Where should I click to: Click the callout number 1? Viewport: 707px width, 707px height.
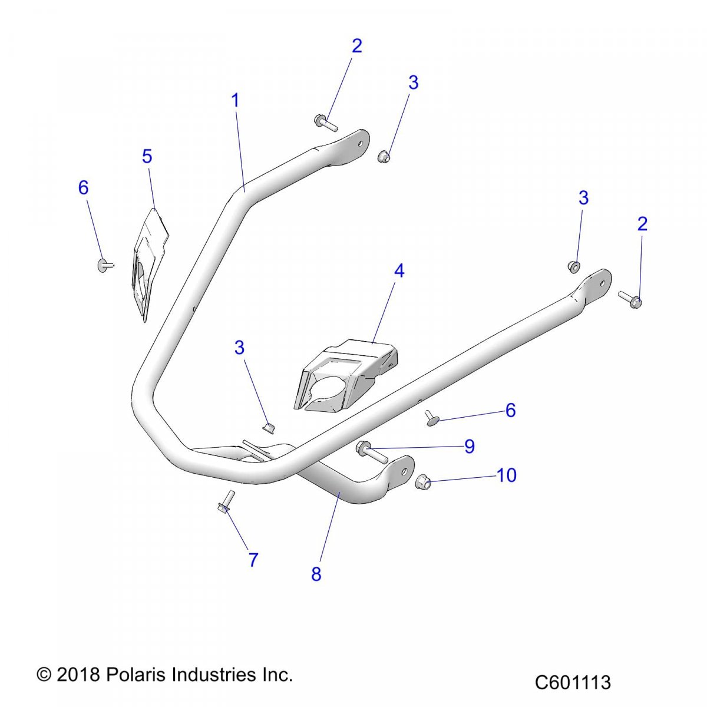coord(235,101)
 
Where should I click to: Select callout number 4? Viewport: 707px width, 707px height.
coord(399,271)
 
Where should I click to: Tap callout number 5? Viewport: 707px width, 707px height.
coord(147,157)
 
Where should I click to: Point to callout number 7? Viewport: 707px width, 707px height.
coord(253,560)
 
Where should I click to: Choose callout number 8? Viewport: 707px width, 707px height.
coord(316,574)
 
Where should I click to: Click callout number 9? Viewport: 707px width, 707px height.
coord(469,446)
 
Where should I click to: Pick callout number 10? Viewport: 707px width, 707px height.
coord(507,475)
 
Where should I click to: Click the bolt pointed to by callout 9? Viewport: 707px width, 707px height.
coord(371,452)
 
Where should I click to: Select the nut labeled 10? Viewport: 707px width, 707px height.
coord(422,482)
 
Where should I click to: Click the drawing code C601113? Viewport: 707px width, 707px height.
coord(573,682)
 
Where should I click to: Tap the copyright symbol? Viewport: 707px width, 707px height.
coord(44,675)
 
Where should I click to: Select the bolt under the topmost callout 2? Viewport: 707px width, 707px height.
coord(325,123)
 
